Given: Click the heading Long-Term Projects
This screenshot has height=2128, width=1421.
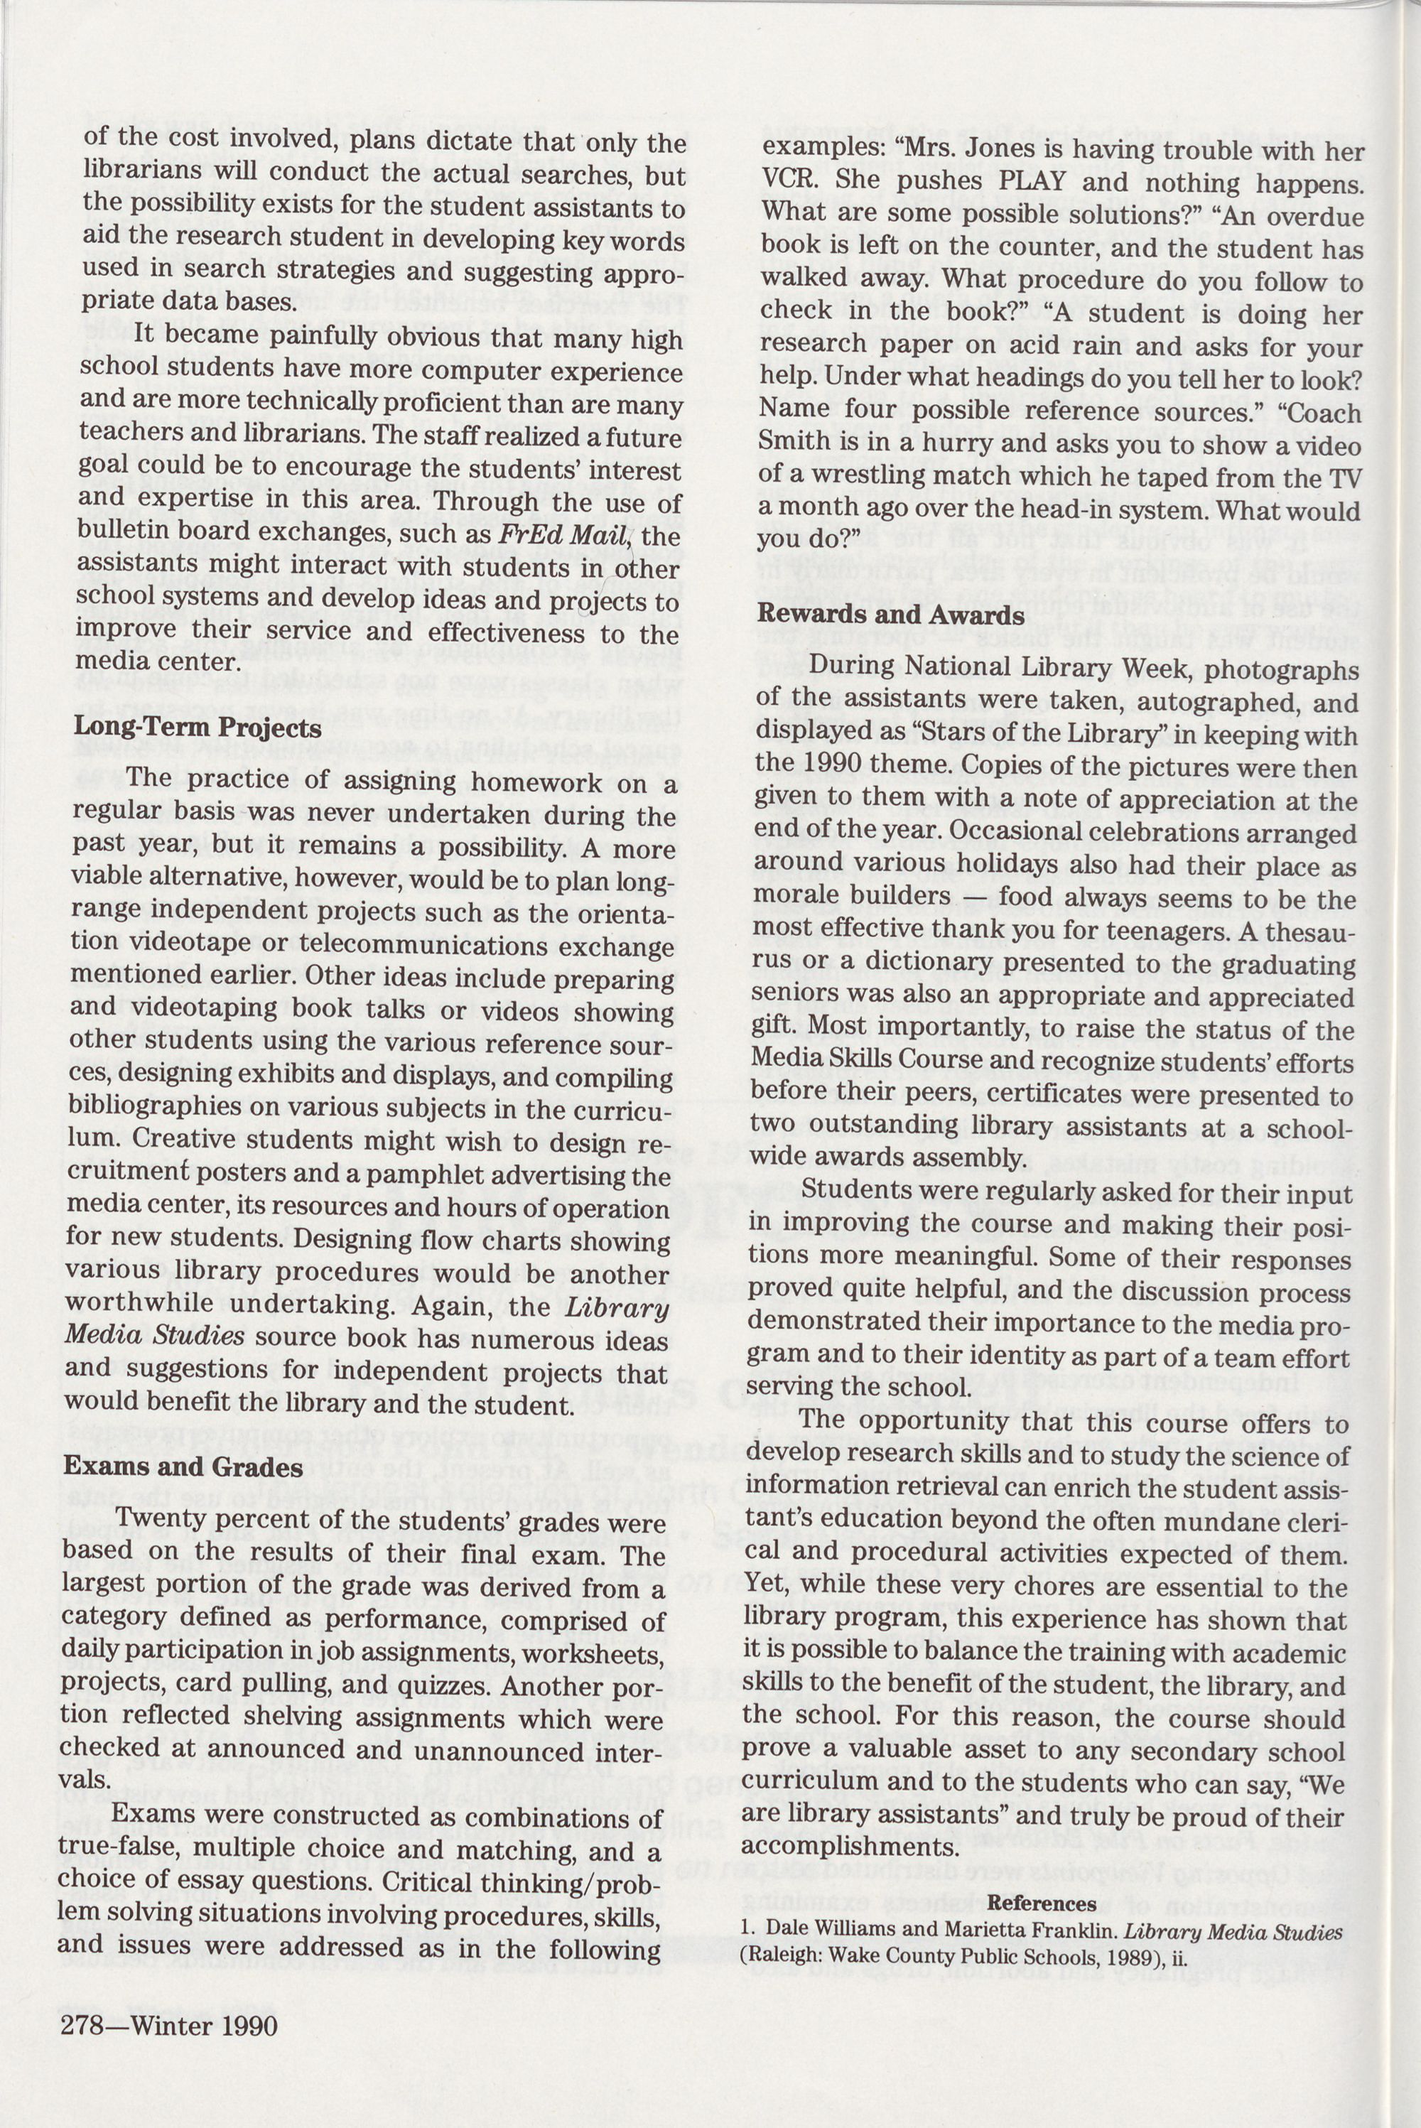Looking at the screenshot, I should pos(197,728).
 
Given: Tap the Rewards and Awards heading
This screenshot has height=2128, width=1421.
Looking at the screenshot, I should pos(891,615).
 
